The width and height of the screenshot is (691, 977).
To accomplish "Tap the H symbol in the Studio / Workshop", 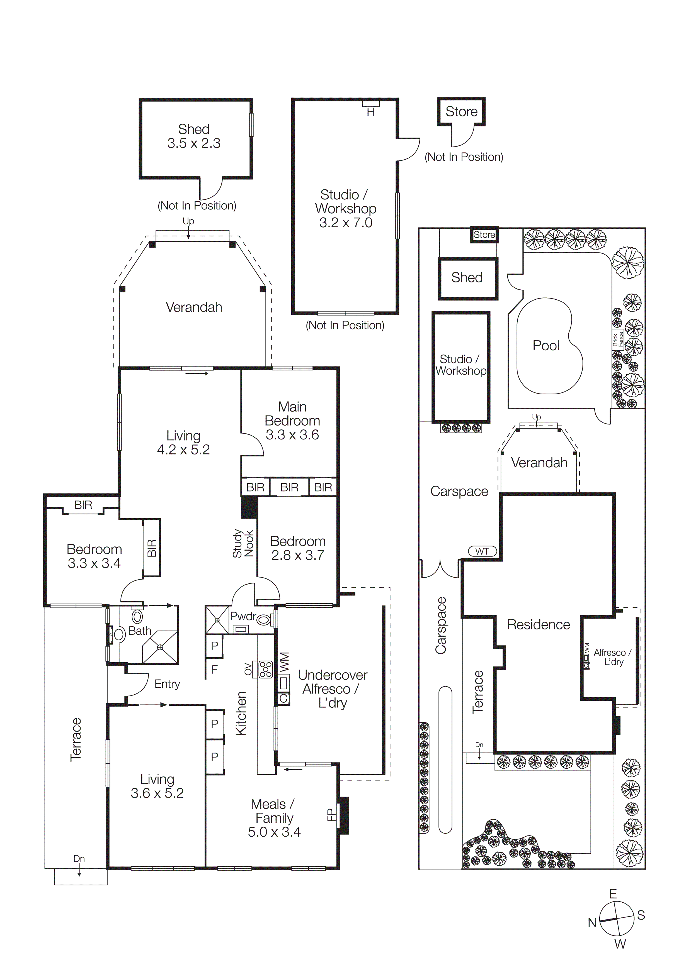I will tap(370, 112).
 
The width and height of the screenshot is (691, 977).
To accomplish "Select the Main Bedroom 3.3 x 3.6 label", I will tap(292, 421).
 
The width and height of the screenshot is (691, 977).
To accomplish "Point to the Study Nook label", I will tap(243, 543).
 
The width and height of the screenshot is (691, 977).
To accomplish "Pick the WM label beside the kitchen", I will tap(284, 662).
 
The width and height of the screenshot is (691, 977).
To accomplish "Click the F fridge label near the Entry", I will tap(215, 669).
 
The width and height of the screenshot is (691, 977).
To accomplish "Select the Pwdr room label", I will tap(243, 616).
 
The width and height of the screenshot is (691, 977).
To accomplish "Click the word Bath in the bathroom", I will tap(140, 631).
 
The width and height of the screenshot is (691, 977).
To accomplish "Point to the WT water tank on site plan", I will tap(482, 551).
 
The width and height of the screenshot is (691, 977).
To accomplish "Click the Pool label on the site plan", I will tap(546, 346).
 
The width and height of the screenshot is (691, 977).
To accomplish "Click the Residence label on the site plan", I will tap(538, 625).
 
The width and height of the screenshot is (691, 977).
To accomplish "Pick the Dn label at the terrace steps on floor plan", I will tap(79, 859).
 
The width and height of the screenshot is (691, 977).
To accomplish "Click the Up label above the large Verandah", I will tap(188, 221).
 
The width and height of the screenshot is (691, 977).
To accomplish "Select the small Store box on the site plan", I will tap(484, 235).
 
